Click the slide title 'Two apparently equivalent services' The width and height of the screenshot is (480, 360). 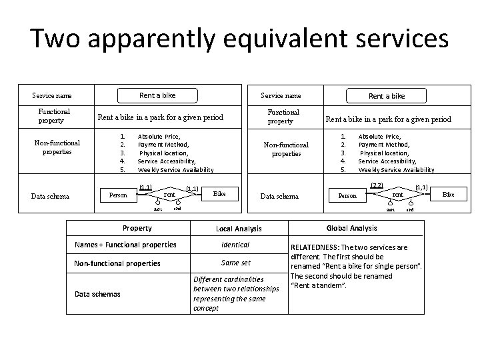[x=239, y=39]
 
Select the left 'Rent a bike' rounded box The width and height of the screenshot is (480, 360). [x=157, y=95]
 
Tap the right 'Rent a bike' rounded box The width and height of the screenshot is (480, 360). [x=387, y=96]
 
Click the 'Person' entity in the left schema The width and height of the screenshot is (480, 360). [x=117, y=195]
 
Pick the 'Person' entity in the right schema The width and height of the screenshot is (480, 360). [x=347, y=196]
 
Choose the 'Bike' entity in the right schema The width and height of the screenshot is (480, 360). [x=449, y=194]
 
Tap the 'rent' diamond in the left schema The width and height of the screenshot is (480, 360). [x=169, y=195]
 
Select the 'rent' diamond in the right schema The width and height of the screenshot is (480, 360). [x=398, y=195]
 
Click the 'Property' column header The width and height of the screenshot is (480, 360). [x=137, y=228]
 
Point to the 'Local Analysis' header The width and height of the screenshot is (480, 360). [x=239, y=229]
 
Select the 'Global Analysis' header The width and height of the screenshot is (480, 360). [x=351, y=228]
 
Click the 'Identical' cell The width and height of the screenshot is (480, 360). [x=235, y=245]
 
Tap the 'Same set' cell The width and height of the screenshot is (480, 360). [x=235, y=263]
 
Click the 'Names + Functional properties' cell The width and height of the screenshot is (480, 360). [x=125, y=245]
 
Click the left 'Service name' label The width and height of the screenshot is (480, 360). [x=52, y=96]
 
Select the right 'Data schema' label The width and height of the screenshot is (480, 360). [x=279, y=196]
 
